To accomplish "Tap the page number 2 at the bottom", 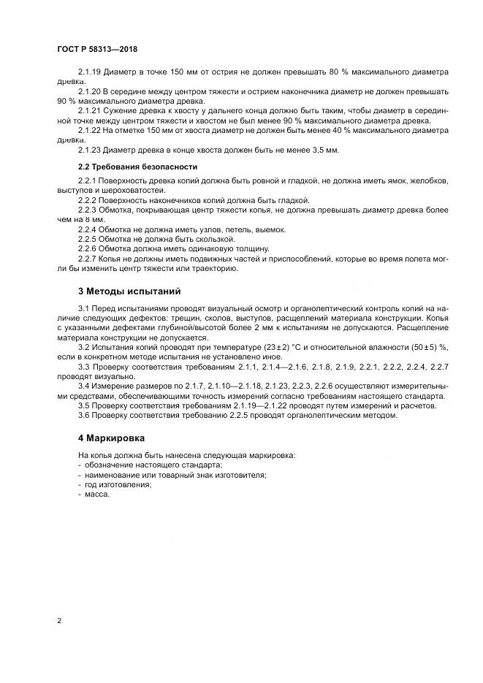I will (x=58, y=621).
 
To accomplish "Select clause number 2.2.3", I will (x=87, y=210).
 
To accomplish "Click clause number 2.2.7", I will (x=87, y=259).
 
